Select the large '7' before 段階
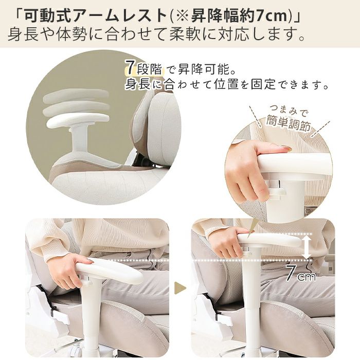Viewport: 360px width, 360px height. [x=130, y=67]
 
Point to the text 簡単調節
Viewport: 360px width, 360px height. [x=288, y=124]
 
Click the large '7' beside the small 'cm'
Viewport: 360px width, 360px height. [x=291, y=273]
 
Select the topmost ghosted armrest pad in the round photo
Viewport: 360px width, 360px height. [x=76, y=95]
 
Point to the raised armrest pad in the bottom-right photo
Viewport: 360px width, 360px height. [x=269, y=240]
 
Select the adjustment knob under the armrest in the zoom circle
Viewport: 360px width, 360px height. [x=277, y=192]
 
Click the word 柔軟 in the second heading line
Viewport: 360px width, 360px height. [x=186, y=34]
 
